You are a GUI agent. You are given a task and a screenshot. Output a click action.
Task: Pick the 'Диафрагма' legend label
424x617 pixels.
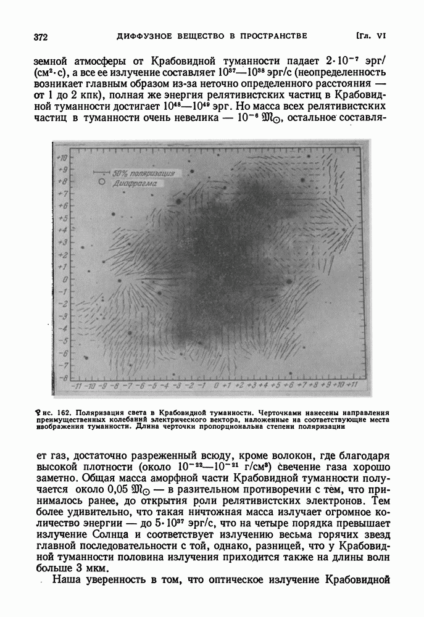[135, 183]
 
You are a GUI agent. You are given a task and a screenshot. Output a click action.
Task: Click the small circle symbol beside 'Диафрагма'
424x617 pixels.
[100, 183]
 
